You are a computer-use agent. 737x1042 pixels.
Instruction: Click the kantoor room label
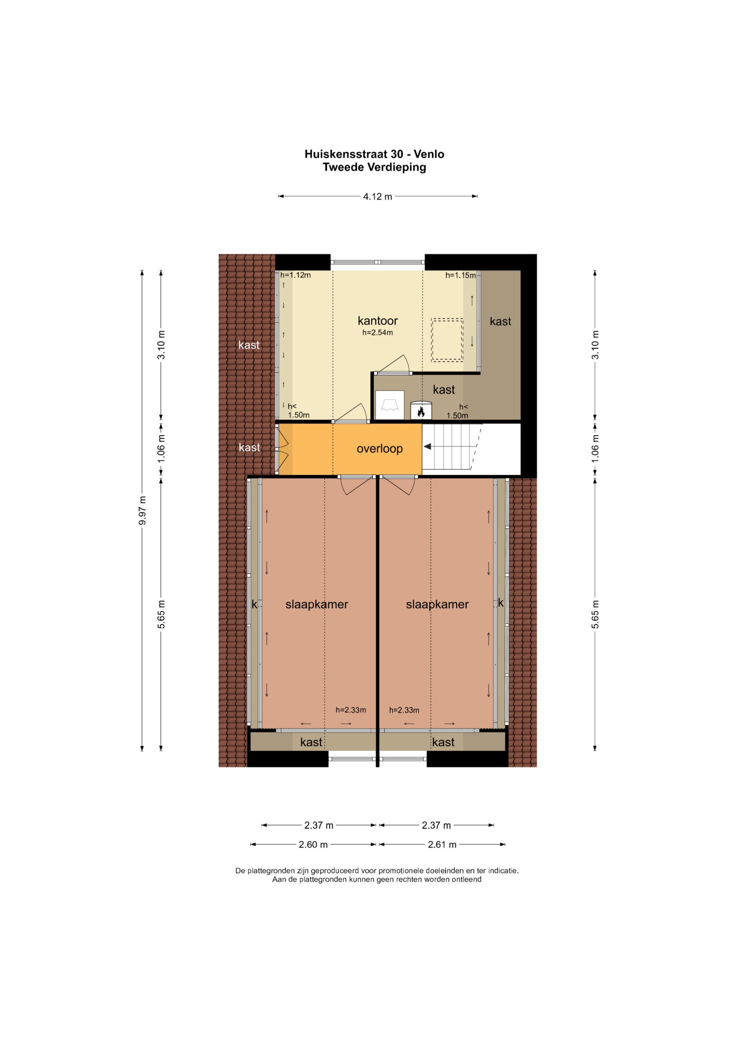(378, 321)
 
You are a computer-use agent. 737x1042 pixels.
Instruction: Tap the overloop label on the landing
(380, 449)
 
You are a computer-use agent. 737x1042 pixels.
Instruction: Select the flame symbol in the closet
(421, 412)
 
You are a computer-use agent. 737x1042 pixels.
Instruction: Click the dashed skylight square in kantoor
(447, 340)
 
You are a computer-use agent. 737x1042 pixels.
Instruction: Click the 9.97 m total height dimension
(143, 510)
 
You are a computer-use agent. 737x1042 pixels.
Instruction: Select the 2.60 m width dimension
(313, 844)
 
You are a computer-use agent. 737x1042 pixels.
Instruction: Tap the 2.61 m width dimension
(442, 844)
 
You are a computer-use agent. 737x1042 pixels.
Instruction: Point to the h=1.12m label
(296, 275)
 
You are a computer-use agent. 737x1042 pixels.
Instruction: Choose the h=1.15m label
(461, 275)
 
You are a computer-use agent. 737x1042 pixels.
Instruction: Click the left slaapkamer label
(317, 604)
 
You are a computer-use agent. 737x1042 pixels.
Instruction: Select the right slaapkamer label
(437, 604)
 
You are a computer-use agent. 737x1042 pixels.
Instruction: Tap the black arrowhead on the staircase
(427, 447)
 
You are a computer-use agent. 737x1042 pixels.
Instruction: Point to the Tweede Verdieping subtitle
(374, 167)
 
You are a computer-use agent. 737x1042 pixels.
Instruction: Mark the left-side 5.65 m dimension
(161, 614)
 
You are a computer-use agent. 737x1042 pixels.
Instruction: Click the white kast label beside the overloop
(249, 447)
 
